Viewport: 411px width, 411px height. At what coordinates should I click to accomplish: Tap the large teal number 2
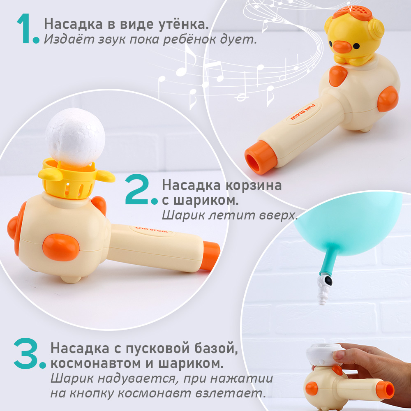pyautogui.click(x=140, y=190)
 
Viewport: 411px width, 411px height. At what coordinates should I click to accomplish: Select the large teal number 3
pyautogui.click(x=29, y=354)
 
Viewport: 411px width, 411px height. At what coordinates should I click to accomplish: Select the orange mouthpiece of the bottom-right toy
pyautogui.click(x=387, y=390)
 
